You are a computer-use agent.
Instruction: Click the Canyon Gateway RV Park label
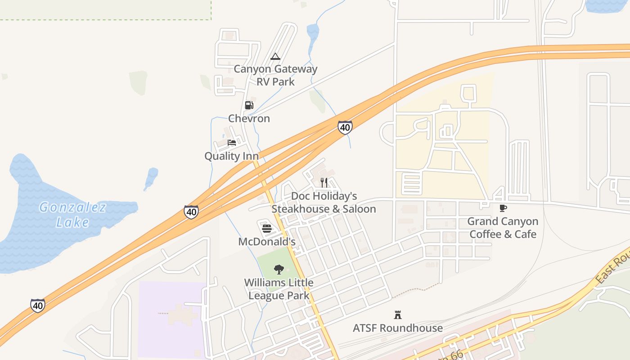(275, 75)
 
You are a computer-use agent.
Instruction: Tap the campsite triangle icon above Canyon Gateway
(275, 57)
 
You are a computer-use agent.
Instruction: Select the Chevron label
(249, 118)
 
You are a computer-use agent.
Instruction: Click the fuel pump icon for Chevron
(249, 105)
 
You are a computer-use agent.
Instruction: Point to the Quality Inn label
(231, 156)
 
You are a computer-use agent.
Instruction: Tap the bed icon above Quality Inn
(232, 143)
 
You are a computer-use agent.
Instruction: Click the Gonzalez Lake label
(72, 215)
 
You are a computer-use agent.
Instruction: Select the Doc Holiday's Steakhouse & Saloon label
(324, 202)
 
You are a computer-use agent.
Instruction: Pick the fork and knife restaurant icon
(324, 182)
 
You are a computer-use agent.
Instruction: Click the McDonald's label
(266, 242)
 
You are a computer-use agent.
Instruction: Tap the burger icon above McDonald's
(267, 229)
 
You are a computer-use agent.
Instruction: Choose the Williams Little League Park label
(279, 289)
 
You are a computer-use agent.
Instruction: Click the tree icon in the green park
(279, 270)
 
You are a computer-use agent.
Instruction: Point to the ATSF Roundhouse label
(397, 328)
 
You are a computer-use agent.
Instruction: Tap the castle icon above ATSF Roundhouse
(398, 315)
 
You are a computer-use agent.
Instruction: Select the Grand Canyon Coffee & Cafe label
(503, 228)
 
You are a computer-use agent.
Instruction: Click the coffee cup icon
(503, 208)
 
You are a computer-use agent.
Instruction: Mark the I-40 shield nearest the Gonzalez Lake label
(191, 212)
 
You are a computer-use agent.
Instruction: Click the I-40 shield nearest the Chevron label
(345, 127)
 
